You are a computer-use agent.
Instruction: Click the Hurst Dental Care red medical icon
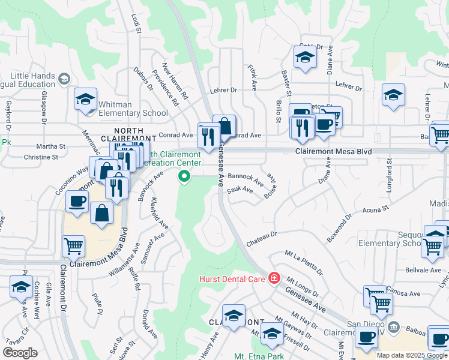(x=274, y=278)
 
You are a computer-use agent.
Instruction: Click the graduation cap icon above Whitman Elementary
(x=86, y=99)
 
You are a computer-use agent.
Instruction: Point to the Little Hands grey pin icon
(x=64, y=78)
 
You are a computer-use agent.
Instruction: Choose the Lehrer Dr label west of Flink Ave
(x=224, y=91)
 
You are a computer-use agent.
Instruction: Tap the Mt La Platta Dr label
(x=304, y=260)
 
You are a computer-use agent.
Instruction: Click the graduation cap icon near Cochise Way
(x=21, y=287)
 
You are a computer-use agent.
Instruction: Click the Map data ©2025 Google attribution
(x=412, y=355)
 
